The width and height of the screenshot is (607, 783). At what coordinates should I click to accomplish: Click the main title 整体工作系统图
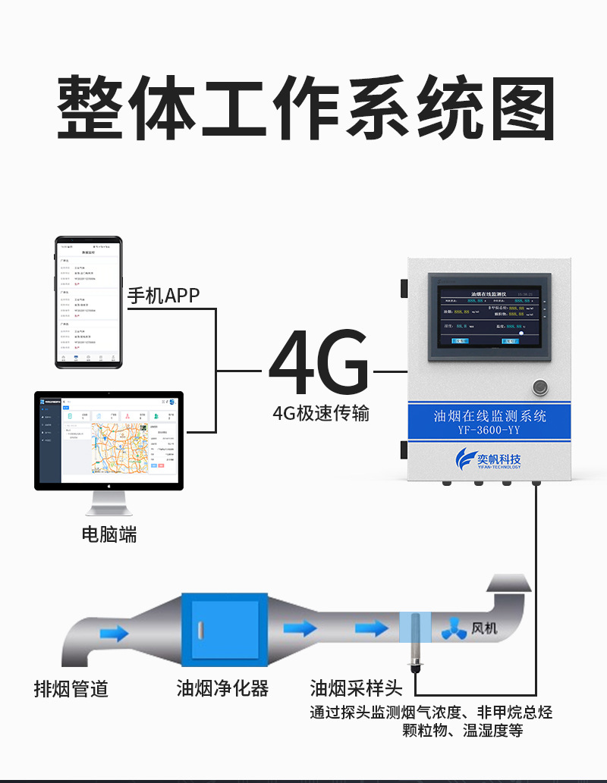(303, 109)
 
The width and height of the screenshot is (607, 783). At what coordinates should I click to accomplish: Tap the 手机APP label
(163, 295)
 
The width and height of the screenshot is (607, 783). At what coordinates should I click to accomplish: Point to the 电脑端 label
(109, 534)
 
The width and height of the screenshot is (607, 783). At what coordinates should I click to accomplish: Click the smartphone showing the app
(89, 302)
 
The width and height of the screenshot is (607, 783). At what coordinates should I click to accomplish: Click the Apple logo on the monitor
(109, 483)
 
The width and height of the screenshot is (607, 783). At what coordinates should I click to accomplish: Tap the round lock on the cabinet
(540, 386)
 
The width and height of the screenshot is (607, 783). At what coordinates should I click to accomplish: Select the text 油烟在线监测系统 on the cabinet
(489, 415)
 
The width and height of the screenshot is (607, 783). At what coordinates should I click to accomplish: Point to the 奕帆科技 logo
(489, 458)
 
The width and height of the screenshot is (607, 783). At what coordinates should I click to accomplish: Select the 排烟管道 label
(71, 688)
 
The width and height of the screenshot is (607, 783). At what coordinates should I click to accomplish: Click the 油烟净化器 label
(222, 688)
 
